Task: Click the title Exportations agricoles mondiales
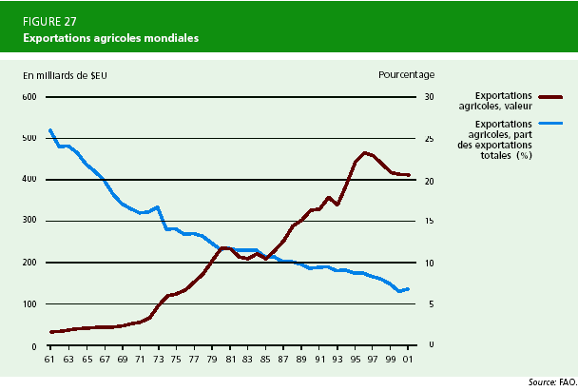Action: (111, 38)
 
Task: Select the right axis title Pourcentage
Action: (406, 74)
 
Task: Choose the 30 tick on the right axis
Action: (429, 97)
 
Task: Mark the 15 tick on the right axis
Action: (429, 221)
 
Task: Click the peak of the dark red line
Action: (364, 152)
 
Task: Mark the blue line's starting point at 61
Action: (49, 129)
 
